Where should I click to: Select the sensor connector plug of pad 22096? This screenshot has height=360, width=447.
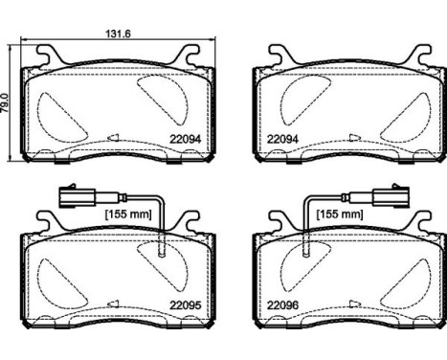(x=390, y=200)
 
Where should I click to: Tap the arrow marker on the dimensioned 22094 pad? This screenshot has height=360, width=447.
(x=113, y=139)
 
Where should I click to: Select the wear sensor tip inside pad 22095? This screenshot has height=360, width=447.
(x=162, y=250)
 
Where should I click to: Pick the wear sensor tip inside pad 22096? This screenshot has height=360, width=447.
(x=303, y=250)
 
